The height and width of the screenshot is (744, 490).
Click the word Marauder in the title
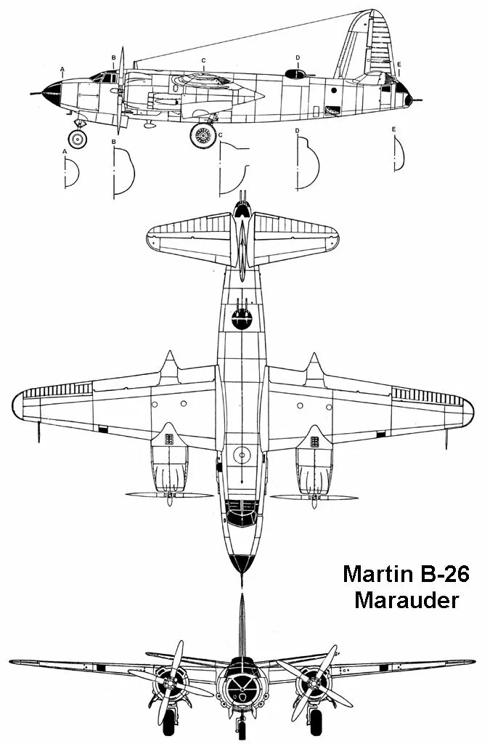[407, 601]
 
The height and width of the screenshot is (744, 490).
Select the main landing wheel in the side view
[204, 134]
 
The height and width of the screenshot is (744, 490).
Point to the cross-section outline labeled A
[71, 173]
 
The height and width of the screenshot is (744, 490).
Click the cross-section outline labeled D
[308, 163]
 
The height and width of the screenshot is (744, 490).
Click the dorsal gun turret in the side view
[294, 73]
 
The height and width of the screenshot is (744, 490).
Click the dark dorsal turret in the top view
[241, 318]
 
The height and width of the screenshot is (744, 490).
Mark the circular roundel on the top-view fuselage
[242, 455]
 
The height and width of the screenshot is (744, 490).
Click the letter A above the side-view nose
[63, 70]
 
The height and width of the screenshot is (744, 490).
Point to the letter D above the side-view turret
[298, 57]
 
